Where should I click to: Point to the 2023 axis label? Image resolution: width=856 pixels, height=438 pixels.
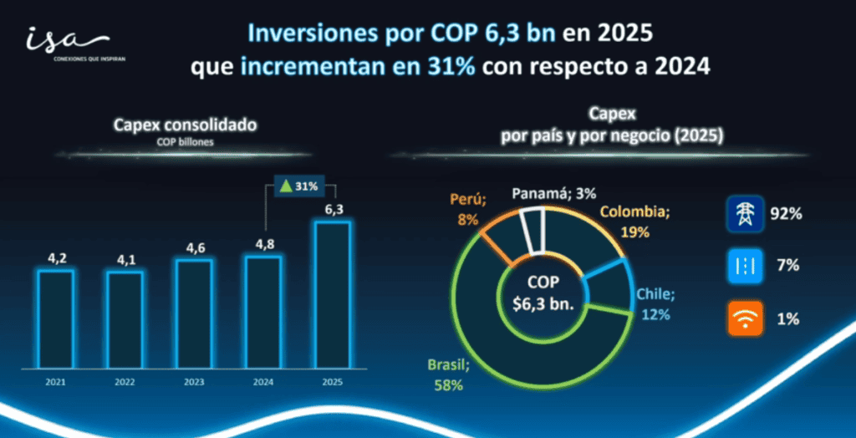(193, 381)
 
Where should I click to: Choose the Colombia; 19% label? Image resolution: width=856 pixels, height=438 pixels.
(636, 220)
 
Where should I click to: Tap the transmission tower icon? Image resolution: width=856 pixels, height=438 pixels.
(742, 214)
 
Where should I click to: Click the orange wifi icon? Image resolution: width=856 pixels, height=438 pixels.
(742, 318)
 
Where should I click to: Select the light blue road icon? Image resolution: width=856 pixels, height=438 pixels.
(742, 266)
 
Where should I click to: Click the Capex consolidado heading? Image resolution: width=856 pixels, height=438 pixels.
(186, 125)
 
